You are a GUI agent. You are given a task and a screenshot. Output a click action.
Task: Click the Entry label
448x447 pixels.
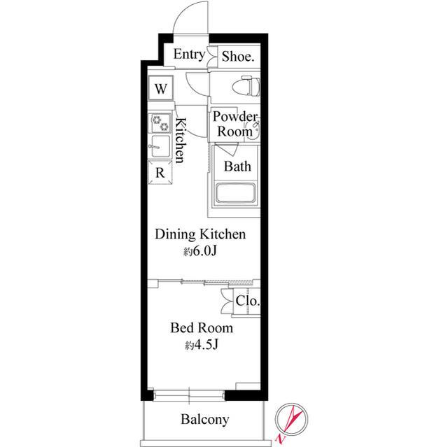190,55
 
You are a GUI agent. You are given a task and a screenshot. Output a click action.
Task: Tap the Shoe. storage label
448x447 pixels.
238,56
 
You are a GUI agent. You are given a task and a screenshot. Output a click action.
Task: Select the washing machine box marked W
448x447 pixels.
160,88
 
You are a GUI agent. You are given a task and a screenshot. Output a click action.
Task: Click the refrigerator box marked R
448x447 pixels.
160,172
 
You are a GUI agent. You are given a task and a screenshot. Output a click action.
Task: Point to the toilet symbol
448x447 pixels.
246,86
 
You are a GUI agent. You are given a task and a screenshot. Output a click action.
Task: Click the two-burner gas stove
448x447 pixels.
160,122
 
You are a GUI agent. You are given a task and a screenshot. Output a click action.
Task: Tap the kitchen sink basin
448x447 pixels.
160,147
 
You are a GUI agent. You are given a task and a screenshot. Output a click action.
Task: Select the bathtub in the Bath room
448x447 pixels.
236,192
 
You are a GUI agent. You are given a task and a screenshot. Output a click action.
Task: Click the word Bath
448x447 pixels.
237,166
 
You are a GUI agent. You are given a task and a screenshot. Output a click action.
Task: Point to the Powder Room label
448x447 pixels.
235,124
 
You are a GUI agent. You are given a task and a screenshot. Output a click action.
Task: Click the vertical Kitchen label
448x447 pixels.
181,140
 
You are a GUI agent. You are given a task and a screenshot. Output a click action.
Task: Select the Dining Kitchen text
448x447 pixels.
200,234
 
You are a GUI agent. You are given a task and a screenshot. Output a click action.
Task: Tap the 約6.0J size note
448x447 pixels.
200,251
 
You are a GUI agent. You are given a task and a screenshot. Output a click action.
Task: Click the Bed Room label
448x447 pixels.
202,327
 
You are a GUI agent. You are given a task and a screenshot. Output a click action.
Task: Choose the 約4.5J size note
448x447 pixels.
202,345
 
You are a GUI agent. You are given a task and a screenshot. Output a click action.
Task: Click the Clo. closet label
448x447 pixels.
248,301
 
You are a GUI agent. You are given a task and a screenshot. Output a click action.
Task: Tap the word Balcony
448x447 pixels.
205,419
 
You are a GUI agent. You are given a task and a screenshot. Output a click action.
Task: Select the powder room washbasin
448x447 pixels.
253,131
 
